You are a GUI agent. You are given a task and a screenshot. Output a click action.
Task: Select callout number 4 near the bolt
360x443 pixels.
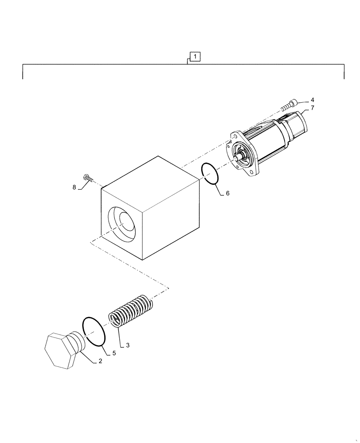coord(312,100)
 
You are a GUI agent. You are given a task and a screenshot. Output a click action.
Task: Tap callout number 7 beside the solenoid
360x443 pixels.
coord(312,108)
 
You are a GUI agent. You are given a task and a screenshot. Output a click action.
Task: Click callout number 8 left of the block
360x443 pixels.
coord(75,187)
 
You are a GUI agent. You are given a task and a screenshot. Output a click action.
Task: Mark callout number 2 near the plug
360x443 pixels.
coord(100,361)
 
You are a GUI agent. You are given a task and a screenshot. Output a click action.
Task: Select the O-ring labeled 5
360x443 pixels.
coord(94,330)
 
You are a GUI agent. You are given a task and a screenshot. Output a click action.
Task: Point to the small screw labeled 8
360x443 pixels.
coord(89,178)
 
